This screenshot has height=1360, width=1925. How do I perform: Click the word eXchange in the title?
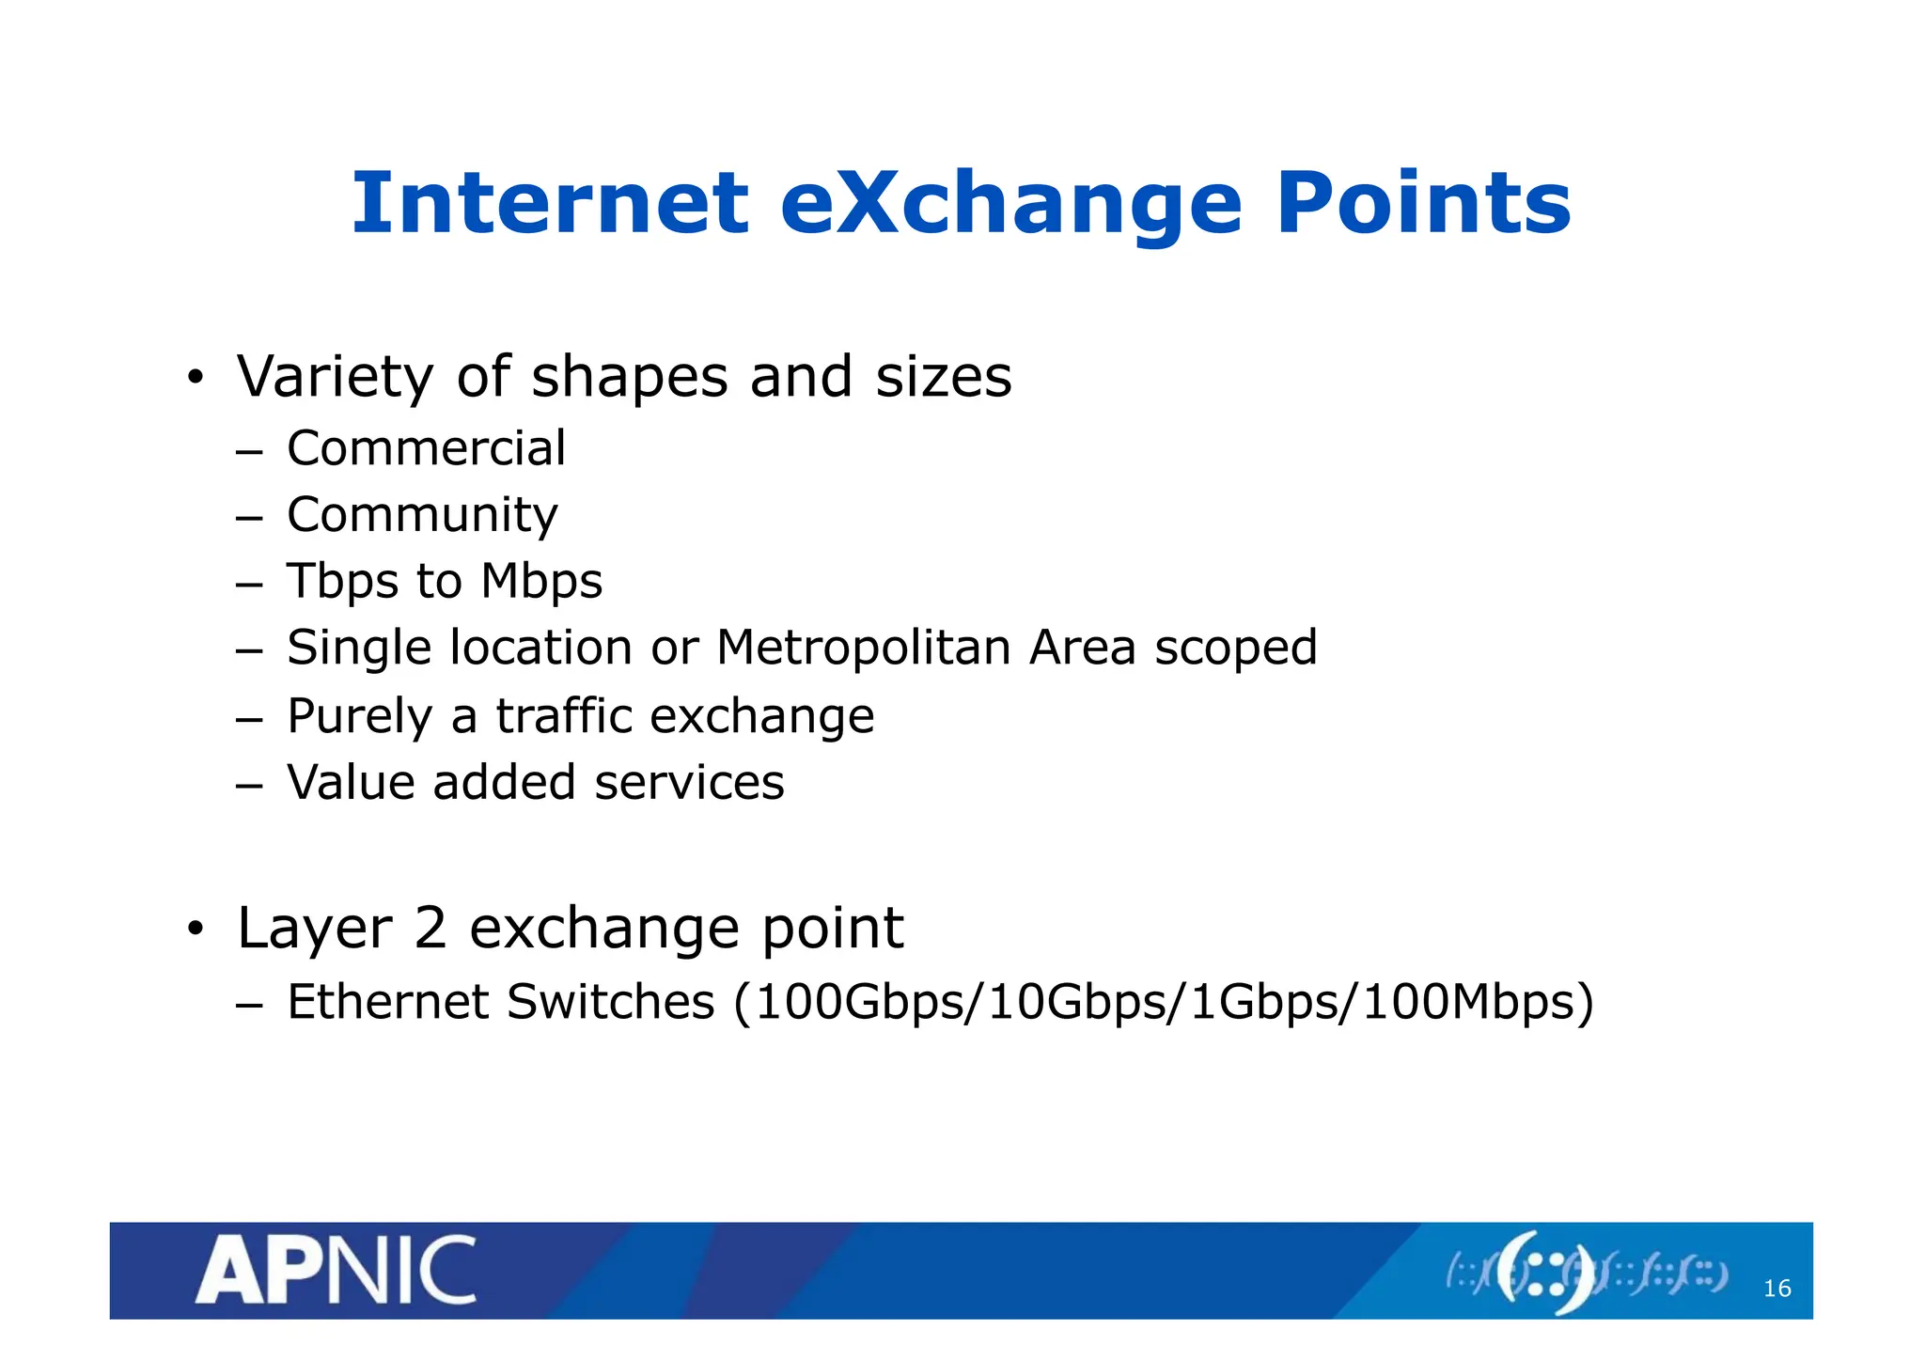1011,204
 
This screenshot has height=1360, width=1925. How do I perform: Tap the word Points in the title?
1423,204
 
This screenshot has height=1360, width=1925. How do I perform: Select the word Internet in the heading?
550,204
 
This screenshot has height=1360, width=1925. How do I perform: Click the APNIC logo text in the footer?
336,1271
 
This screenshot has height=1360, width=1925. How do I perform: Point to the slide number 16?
1776,1289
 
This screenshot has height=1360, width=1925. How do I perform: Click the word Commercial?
426,448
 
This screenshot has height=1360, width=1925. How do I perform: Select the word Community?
422,516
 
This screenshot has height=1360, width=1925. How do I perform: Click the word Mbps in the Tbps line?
541,582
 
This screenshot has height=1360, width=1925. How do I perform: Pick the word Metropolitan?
863,648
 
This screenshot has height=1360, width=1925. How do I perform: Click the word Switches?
611,1002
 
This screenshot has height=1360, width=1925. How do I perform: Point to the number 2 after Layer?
430,929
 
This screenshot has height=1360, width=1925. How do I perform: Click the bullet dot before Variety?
195,379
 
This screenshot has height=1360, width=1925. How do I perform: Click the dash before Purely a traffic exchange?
248,720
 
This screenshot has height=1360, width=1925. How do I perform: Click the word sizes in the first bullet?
944,377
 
